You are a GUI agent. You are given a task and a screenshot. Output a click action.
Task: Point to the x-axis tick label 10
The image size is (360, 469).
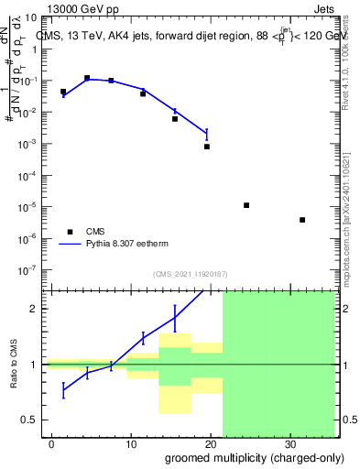pos(131,441)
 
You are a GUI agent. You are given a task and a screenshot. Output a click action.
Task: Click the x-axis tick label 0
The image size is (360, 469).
pos(52,441)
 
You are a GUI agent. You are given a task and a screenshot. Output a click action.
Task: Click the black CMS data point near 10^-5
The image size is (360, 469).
pos(246,205)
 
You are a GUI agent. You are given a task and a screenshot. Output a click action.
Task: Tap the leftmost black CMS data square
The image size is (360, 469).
pos(63,92)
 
